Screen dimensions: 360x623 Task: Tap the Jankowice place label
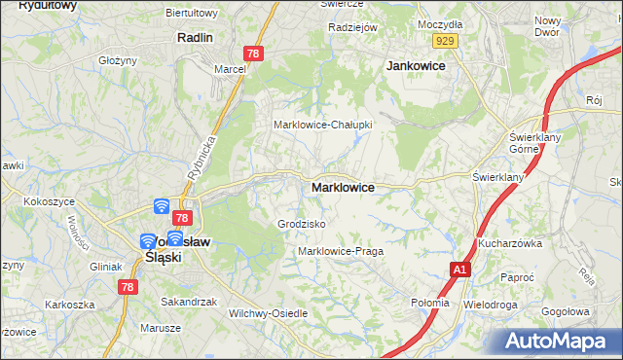(x=416, y=66)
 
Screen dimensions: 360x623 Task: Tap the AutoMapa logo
(x=559, y=342)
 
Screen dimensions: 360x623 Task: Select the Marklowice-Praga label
(x=340, y=251)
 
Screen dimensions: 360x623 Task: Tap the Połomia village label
(x=430, y=303)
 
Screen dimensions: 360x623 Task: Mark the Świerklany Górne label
(x=531, y=144)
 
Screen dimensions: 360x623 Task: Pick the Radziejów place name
(x=352, y=27)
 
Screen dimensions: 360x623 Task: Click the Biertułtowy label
(x=193, y=13)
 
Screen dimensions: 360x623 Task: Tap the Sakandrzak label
(x=189, y=302)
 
